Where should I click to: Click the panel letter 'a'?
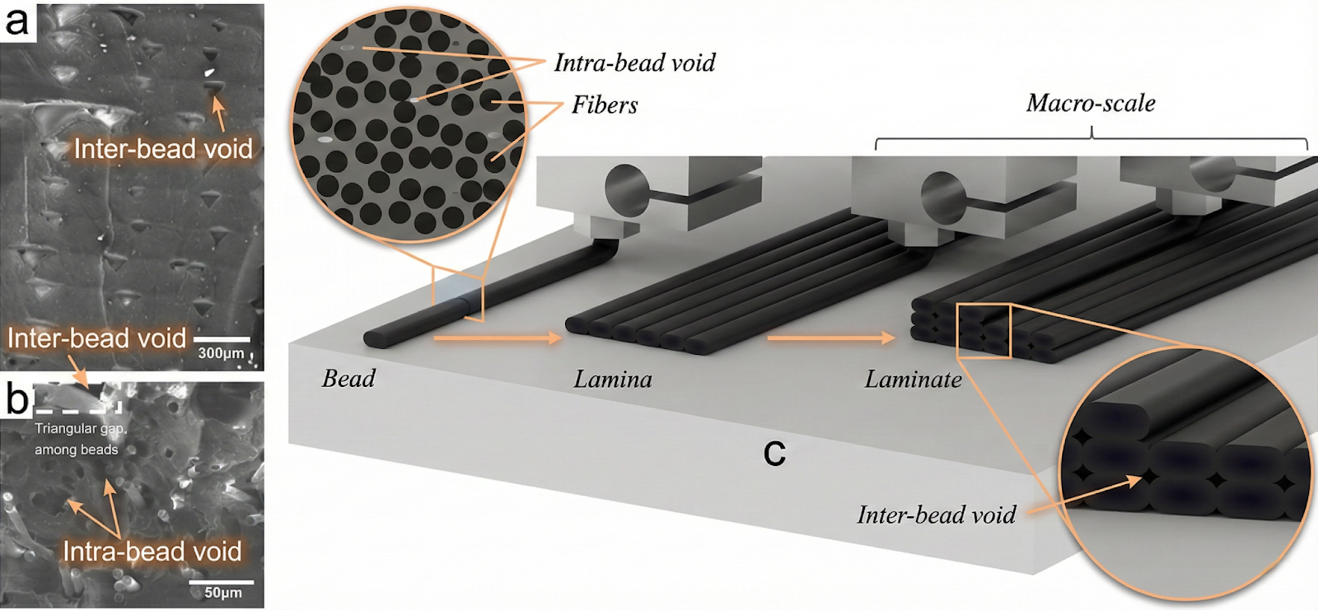[x=16, y=20]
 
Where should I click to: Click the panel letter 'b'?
[x=16, y=398]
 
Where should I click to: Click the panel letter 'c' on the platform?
[x=774, y=453]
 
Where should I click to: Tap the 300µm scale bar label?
[x=221, y=353]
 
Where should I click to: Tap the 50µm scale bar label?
[x=222, y=593]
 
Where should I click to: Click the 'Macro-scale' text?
[x=1091, y=103]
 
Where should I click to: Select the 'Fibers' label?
[x=605, y=105]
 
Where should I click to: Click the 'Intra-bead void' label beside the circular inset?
[x=634, y=63]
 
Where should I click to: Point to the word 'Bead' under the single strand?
[x=348, y=378]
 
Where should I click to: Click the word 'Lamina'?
[x=613, y=379]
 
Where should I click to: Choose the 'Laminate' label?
[x=913, y=379]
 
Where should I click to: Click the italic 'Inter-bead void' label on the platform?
[x=936, y=515]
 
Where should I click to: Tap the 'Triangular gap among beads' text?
[x=78, y=439]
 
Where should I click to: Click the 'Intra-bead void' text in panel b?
[x=152, y=551]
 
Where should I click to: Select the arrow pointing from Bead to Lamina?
[x=498, y=338]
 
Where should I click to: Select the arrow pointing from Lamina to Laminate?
[x=830, y=338]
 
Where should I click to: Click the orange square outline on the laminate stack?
[x=984, y=331]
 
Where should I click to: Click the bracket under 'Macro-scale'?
[x=1091, y=140]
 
